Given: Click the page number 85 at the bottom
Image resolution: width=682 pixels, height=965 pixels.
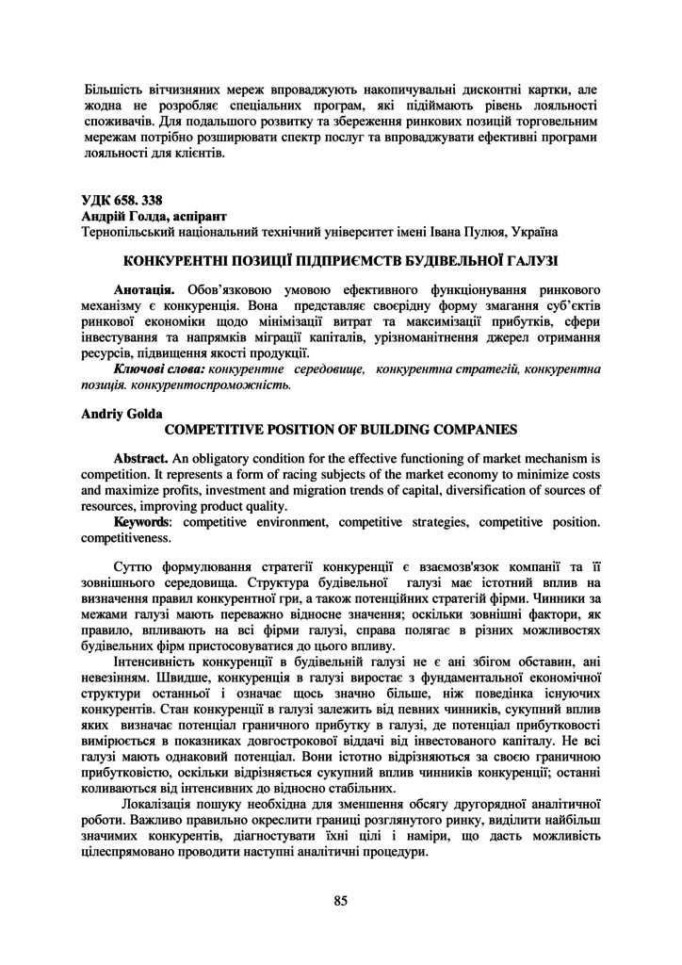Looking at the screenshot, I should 340,900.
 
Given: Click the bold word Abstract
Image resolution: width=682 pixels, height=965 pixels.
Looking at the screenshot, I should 140,457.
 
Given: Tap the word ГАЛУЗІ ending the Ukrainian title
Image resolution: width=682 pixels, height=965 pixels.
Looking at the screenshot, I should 525,258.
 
